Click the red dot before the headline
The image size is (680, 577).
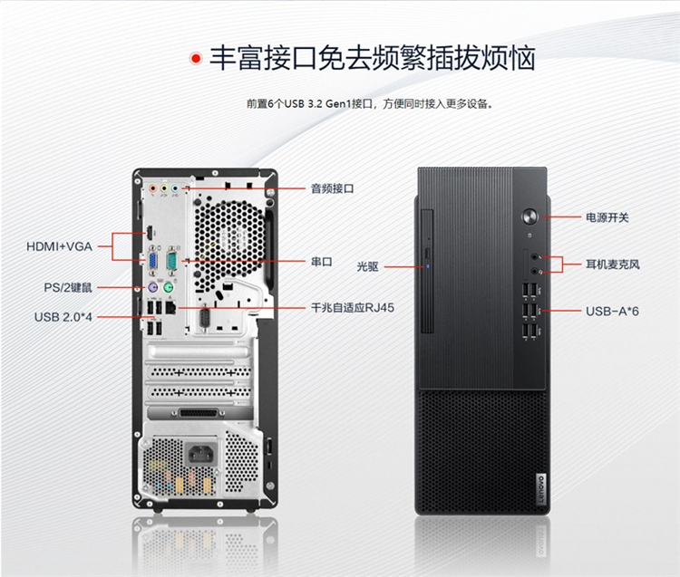[x=196, y=58]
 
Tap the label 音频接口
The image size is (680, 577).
[x=332, y=188]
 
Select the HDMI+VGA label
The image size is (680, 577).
[x=60, y=246]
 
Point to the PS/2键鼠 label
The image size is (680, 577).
[x=68, y=288]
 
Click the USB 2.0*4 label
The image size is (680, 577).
[x=63, y=317]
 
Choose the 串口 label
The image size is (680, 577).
[x=321, y=262]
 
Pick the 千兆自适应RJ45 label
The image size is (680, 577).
[x=352, y=308]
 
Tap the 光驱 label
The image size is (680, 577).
[x=367, y=267]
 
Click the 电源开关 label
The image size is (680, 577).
[x=607, y=217]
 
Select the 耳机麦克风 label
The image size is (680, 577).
[x=613, y=264]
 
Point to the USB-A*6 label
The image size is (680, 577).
[x=612, y=311]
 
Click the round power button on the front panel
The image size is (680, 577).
[x=529, y=216]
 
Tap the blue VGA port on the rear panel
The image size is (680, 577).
[x=153, y=262]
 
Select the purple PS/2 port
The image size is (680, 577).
[x=151, y=287]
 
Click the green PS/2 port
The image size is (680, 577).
[x=169, y=287]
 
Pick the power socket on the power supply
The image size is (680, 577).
[x=201, y=455]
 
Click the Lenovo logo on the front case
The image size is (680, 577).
[x=541, y=488]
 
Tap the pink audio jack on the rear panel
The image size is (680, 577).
[x=152, y=188]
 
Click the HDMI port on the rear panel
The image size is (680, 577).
[x=150, y=233]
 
